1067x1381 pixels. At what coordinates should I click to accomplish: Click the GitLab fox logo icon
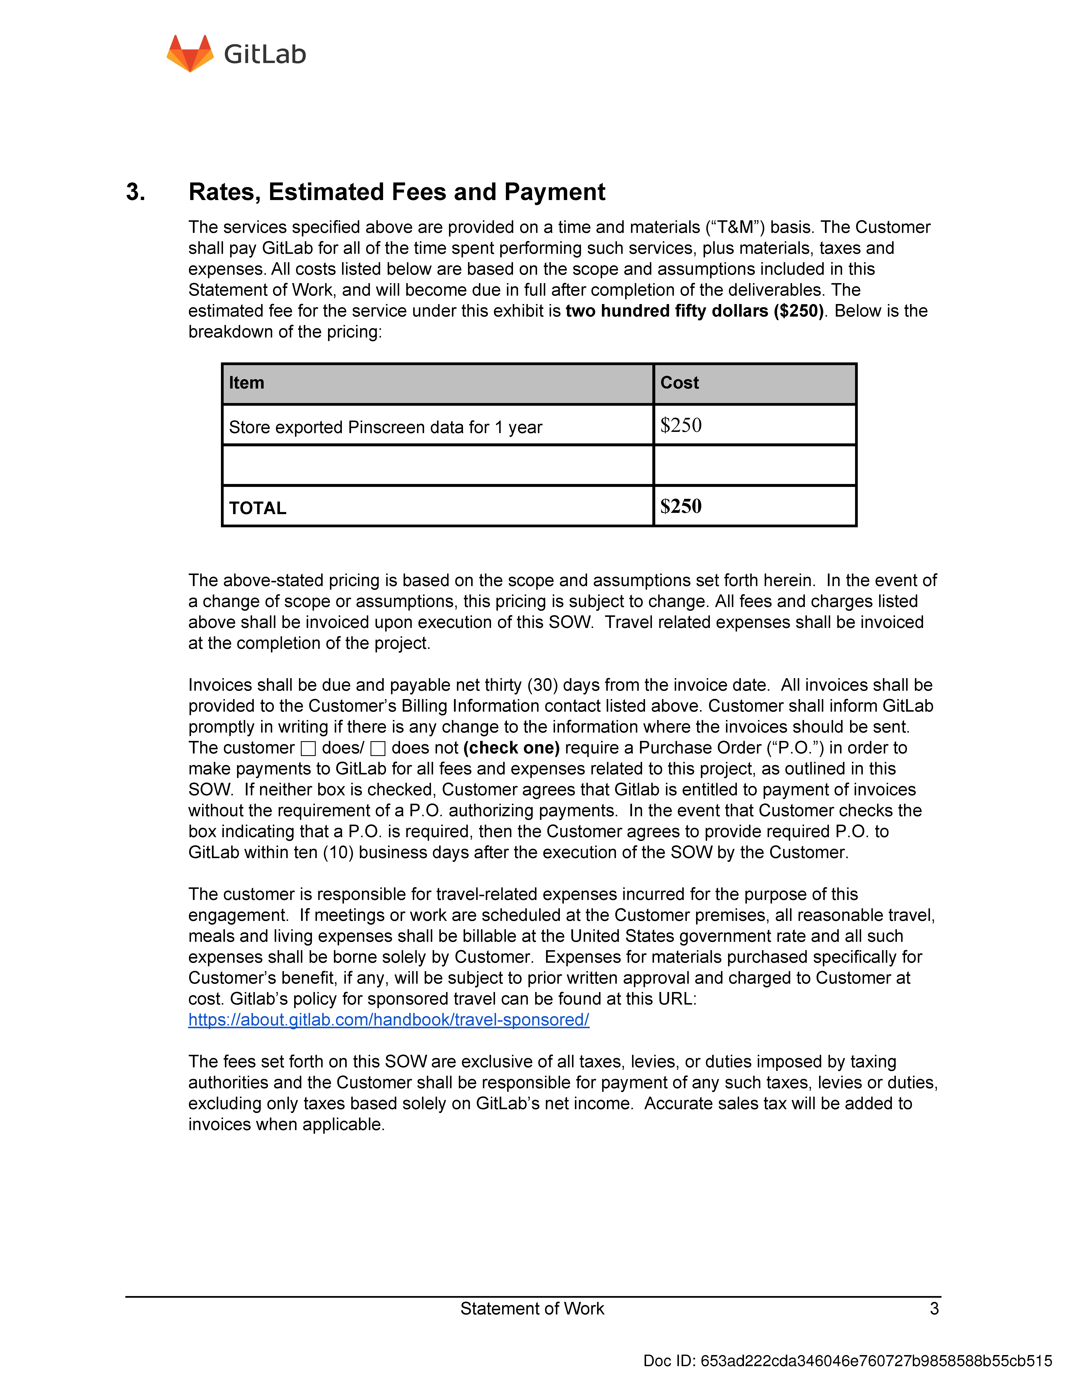[x=190, y=54]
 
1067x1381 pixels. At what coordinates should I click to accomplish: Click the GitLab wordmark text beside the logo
[x=265, y=54]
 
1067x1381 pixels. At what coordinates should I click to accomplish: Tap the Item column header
[x=246, y=383]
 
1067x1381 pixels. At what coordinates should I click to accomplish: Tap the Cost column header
[x=680, y=383]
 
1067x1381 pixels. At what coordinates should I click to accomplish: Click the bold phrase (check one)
[x=511, y=748]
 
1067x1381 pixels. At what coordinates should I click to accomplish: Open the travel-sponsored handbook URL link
[x=389, y=1020]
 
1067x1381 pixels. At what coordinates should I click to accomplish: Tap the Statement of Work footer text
[x=532, y=1308]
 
